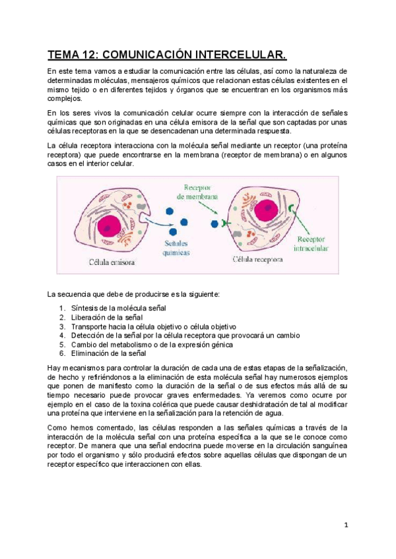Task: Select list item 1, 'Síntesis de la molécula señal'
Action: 119,308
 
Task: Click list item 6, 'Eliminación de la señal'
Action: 109,353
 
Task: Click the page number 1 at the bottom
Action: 345,525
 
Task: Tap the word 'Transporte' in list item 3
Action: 90,326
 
